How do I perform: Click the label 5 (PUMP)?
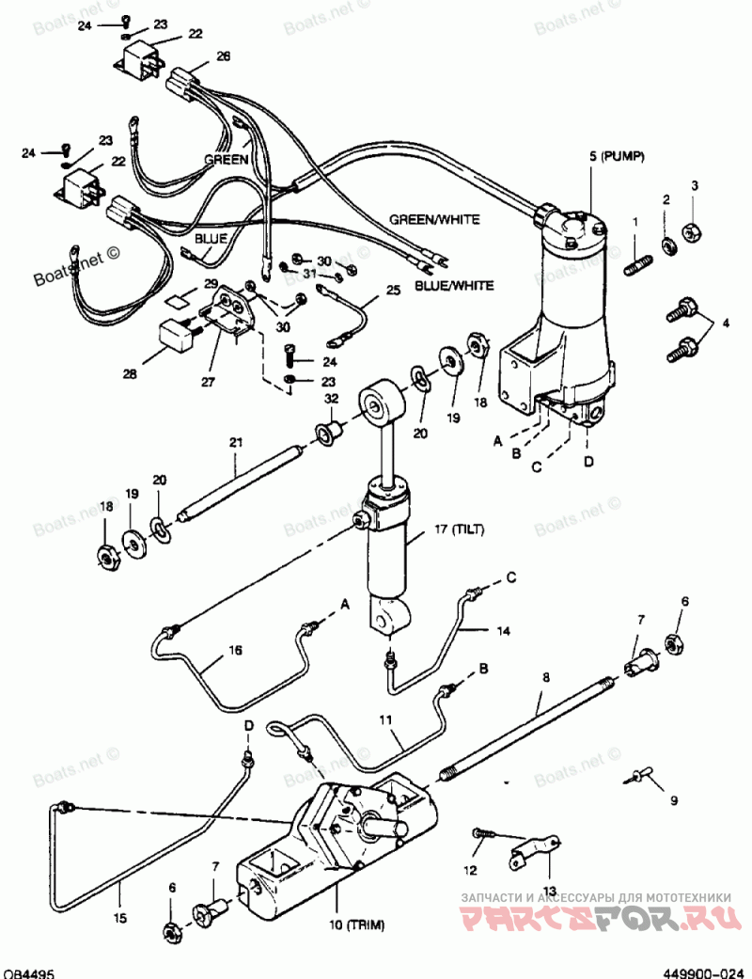[617, 155]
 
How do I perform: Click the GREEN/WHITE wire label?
[434, 219]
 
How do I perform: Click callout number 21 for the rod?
[235, 443]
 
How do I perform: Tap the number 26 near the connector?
[223, 55]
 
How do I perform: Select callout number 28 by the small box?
[129, 374]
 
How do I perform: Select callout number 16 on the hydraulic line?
[235, 649]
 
